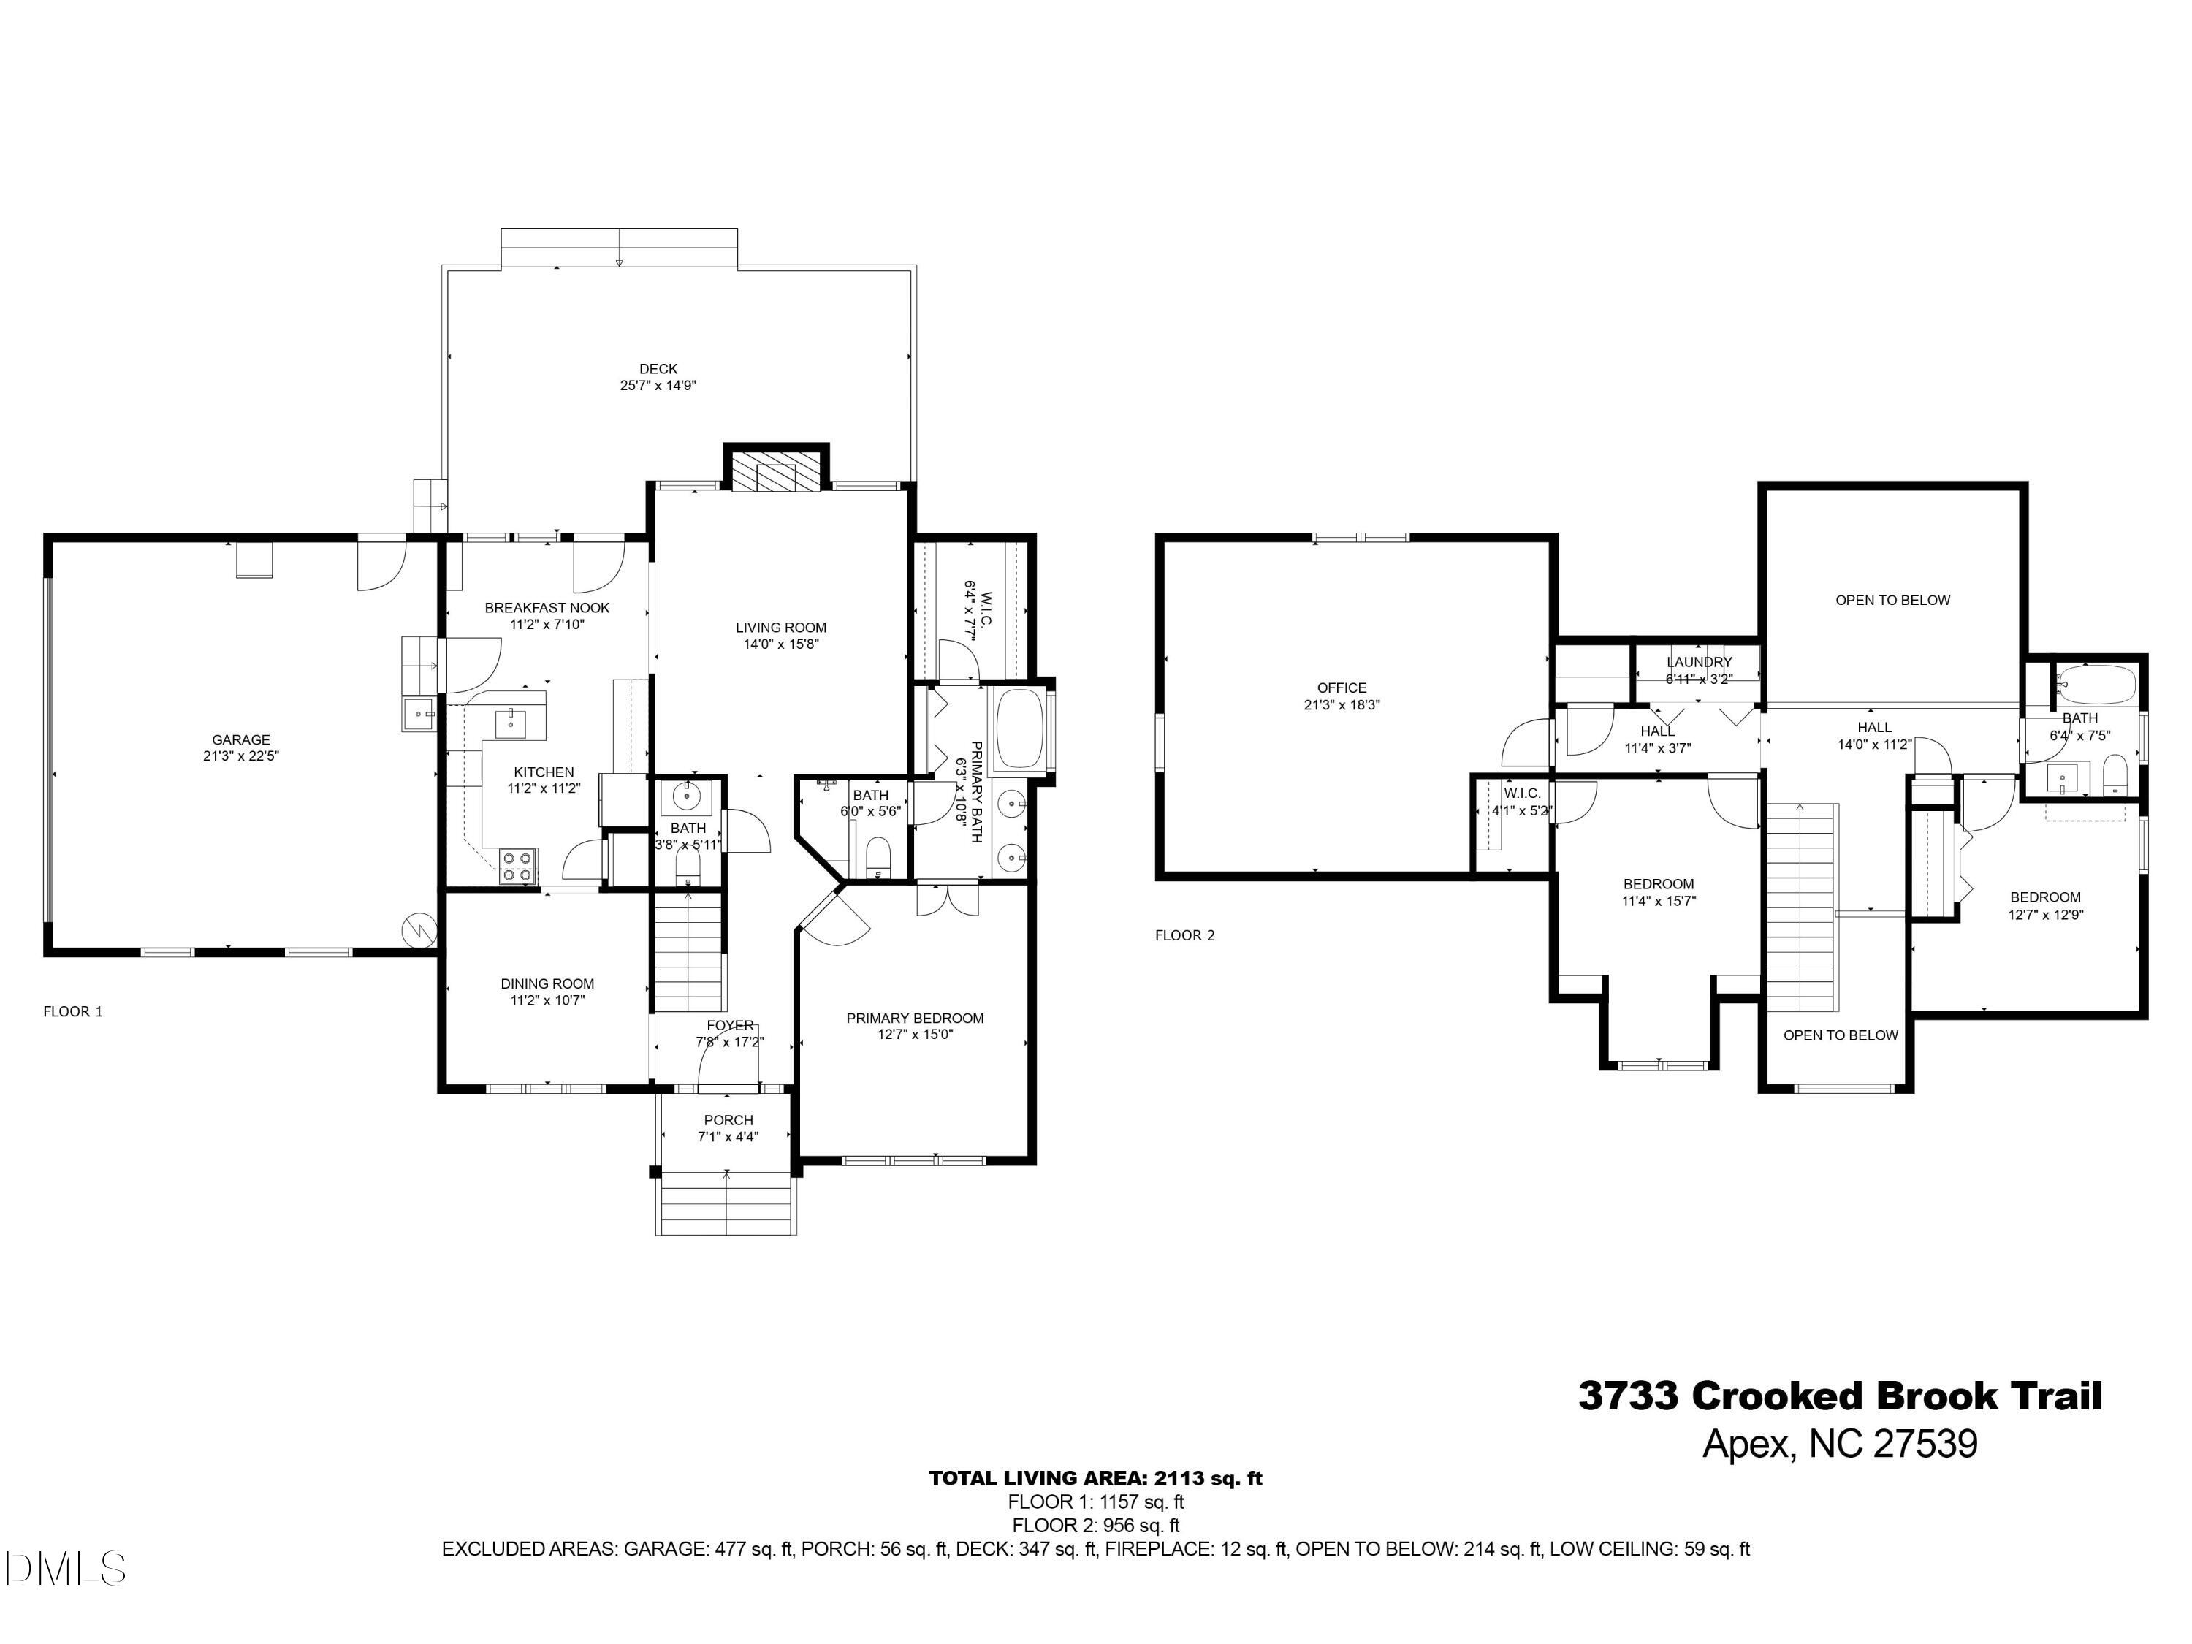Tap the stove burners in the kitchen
coord(517,865)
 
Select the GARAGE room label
coord(241,739)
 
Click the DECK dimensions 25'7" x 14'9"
coord(658,386)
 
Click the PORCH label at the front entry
coord(728,1120)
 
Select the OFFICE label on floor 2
coord(1342,688)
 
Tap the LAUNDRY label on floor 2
coord(1699,662)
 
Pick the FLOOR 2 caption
coord(1184,935)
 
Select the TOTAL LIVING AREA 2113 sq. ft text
coord(1095,1479)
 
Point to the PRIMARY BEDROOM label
coord(915,1018)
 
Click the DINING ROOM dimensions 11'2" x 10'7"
coord(547,1001)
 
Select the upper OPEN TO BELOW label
coord(1892,600)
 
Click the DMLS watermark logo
coord(64,1569)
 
